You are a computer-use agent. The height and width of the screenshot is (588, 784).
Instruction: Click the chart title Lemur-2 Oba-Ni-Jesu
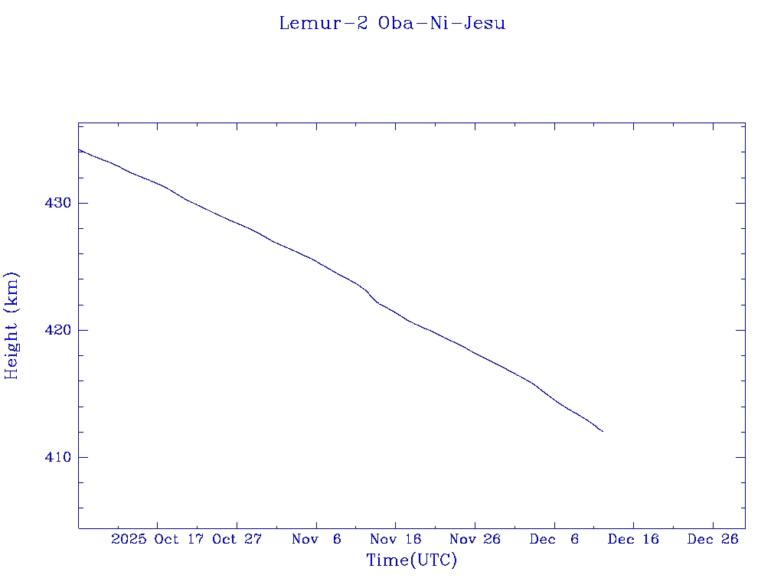click(392, 23)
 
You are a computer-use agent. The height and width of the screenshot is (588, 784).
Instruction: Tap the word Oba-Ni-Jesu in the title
click(442, 23)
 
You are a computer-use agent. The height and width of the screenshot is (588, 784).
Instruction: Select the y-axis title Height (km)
click(11, 325)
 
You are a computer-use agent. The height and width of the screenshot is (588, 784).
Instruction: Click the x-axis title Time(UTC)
click(411, 560)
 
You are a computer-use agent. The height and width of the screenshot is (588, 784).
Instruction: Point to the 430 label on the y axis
click(60, 203)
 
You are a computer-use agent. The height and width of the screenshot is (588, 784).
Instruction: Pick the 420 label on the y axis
click(60, 330)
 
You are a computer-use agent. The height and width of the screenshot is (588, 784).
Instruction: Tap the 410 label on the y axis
click(60, 457)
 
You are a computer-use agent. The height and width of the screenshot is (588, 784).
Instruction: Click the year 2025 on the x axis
click(129, 539)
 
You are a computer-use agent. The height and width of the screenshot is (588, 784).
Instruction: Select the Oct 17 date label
click(180, 539)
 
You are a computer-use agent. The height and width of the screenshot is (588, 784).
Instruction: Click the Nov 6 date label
click(316, 539)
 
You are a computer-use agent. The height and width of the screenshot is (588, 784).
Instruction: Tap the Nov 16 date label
click(395, 539)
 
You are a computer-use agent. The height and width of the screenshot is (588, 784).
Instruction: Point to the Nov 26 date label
click(475, 539)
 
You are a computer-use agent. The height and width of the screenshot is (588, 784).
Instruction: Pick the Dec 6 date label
click(554, 539)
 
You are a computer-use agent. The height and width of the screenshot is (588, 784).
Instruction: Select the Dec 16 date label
click(633, 539)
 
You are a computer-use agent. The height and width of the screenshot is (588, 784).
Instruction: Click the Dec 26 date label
click(712, 539)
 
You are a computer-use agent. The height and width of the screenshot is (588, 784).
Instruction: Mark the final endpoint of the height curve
click(603, 432)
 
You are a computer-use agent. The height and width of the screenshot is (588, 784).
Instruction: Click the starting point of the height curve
click(79, 149)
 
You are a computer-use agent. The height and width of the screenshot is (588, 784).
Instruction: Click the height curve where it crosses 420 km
click(429, 330)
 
